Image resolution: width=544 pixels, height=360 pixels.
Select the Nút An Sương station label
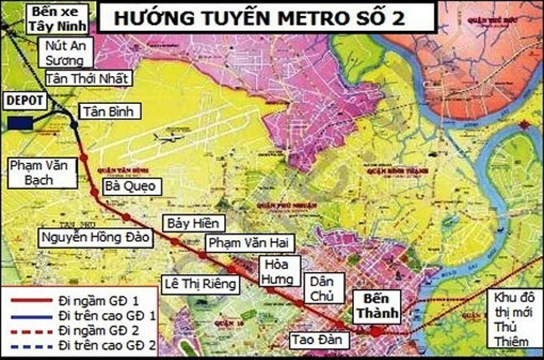coord(65,54)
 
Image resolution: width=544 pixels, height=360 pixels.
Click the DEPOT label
coord(21,99)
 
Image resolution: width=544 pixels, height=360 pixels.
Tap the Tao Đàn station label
coord(313,340)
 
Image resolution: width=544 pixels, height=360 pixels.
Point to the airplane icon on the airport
coord(167,139)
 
